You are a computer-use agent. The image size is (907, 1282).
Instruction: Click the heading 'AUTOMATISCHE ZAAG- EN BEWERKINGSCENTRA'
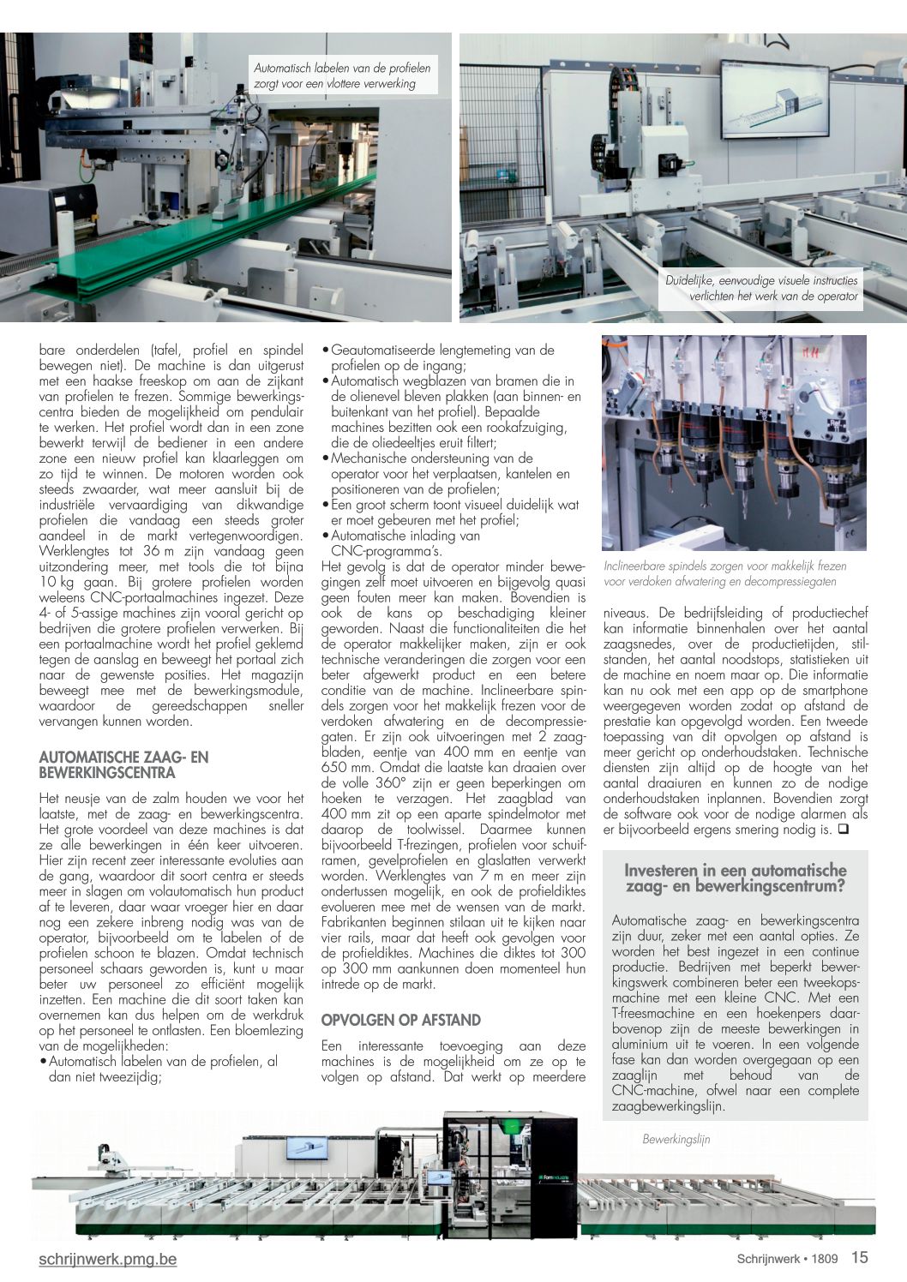tap(123, 764)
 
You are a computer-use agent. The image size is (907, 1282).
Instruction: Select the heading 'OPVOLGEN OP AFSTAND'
tap(400, 1020)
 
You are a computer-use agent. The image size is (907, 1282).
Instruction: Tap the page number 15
tap(859, 1257)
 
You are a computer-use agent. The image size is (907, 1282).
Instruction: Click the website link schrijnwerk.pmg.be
tap(108, 1259)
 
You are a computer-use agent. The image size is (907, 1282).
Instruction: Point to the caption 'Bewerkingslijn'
tap(676, 1139)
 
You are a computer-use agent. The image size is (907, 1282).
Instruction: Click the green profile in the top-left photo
tap(214, 231)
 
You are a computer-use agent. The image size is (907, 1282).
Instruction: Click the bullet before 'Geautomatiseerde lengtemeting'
tap(325, 350)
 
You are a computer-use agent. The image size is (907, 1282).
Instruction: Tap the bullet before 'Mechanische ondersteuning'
tap(325, 458)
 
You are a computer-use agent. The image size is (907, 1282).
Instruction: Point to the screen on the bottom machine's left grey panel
tap(306, 1147)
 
